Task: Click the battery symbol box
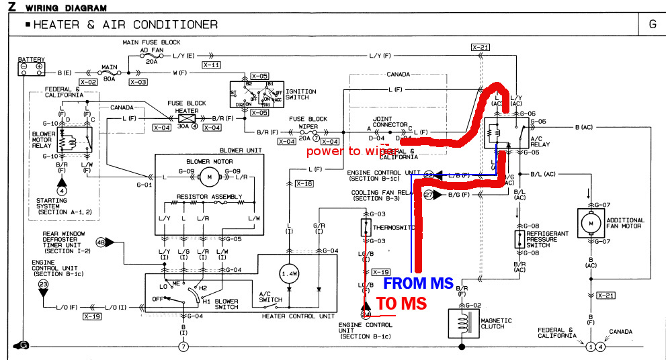[x=31, y=66]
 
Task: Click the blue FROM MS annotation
[x=418, y=283]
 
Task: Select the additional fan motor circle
[x=591, y=221]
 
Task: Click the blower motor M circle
[x=208, y=177]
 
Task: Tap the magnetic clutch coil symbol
[x=460, y=320]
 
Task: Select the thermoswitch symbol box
[x=365, y=226]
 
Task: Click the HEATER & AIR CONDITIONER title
[x=125, y=25]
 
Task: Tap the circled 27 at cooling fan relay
[x=428, y=195]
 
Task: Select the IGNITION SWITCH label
[x=296, y=94]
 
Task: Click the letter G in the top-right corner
[x=652, y=24]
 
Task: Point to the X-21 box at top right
[x=480, y=48]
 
